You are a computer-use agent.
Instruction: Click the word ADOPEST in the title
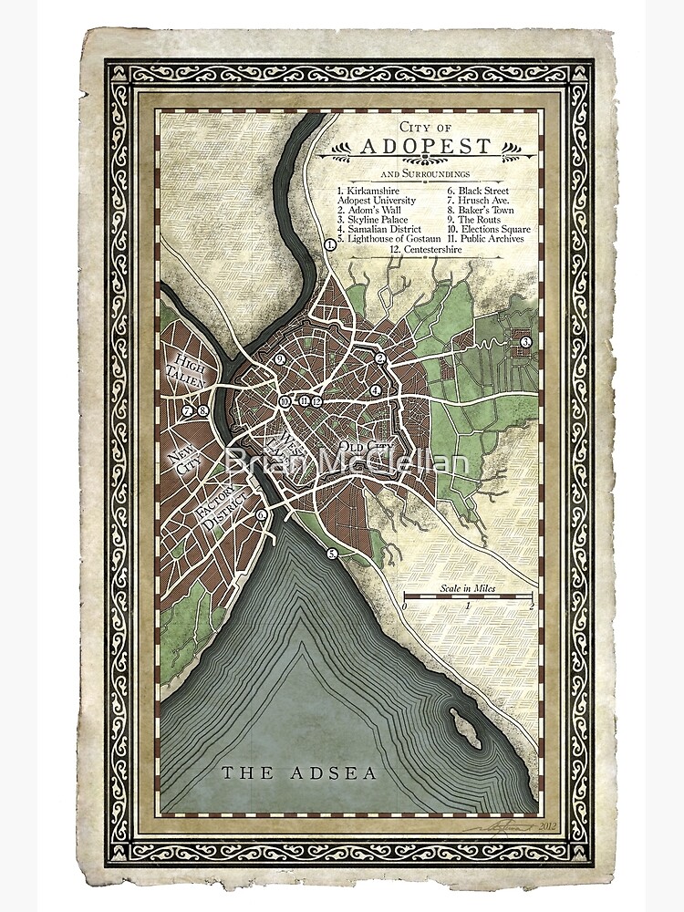[426, 146]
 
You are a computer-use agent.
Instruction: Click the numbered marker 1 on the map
[330, 244]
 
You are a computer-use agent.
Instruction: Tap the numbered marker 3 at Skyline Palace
[526, 342]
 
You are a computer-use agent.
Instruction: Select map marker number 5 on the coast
[333, 553]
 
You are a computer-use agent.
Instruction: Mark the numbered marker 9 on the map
[281, 359]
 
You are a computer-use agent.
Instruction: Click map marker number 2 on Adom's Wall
[381, 359]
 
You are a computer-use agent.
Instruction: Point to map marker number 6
[262, 514]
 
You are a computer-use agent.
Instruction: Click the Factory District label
[219, 506]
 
